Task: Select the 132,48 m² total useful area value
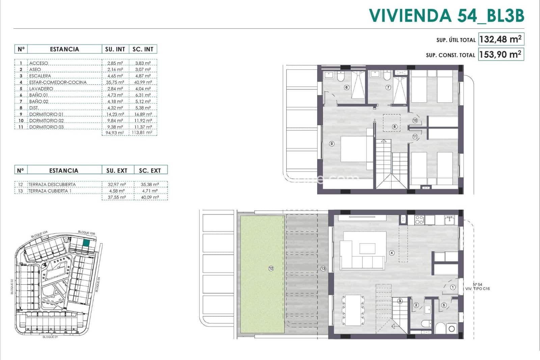(x=501, y=39)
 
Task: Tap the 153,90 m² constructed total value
(x=501, y=54)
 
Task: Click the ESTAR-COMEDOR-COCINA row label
(x=58, y=82)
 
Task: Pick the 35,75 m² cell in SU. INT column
(x=115, y=82)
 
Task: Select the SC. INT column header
(x=143, y=49)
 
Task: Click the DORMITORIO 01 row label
(x=46, y=114)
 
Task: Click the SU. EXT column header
(x=117, y=171)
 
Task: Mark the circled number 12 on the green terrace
(x=271, y=268)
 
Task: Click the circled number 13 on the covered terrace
(x=323, y=268)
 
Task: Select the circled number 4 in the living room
(x=391, y=253)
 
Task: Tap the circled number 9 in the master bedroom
(x=331, y=144)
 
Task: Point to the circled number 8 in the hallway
(x=394, y=127)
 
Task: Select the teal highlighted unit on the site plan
(x=86, y=242)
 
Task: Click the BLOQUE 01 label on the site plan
(x=50, y=337)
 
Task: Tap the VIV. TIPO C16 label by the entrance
(x=477, y=289)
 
